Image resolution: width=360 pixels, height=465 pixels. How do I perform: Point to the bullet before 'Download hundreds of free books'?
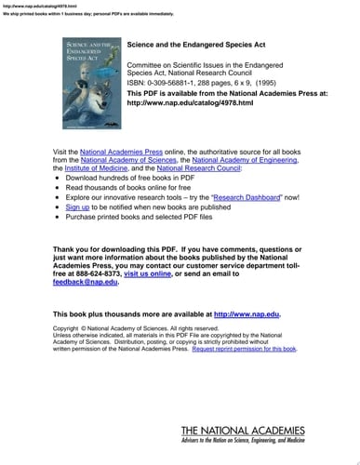click(57, 179)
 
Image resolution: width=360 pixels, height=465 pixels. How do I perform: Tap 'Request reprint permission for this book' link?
click(270, 349)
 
